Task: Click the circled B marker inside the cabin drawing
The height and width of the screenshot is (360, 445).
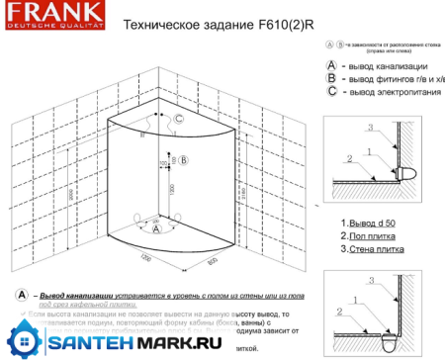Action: point(184,160)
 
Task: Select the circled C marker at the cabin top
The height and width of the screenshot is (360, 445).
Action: point(180,119)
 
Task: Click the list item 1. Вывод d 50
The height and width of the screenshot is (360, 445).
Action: point(368,225)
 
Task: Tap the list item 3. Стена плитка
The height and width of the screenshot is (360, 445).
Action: point(371,250)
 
